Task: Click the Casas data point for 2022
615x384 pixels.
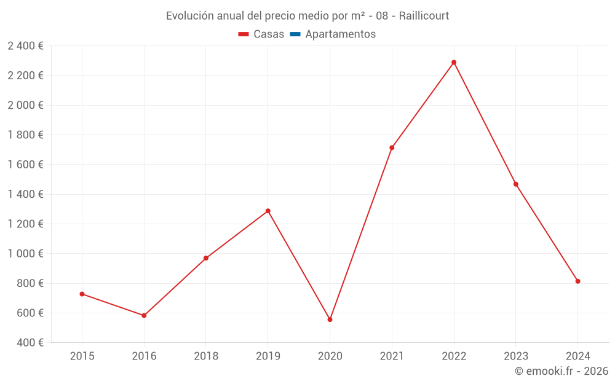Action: coord(454,63)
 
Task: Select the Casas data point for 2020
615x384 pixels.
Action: coord(330,319)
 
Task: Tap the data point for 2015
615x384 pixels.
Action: coord(82,294)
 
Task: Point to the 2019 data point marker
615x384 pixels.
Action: coord(268,211)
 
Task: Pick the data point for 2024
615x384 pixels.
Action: coord(577,281)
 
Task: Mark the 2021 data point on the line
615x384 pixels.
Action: coord(392,147)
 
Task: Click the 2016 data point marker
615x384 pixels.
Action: coord(144,316)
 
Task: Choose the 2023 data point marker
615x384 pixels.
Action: coord(515,184)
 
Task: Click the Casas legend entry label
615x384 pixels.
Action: coord(269,34)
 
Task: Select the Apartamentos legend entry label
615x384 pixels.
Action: coord(340,34)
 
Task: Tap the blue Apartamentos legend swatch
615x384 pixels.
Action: coord(295,34)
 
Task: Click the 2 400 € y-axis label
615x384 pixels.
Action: coord(25,45)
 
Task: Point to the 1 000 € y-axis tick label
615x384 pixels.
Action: coord(25,254)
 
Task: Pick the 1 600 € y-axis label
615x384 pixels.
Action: coord(25,165)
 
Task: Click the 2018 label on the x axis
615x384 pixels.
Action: coord(206,356)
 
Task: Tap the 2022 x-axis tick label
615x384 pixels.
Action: coord(454,356)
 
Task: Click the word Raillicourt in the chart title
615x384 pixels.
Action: coord(424,16)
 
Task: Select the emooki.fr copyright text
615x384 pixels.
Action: coord(561,371)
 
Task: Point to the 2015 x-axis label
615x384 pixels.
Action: coord(82,356)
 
